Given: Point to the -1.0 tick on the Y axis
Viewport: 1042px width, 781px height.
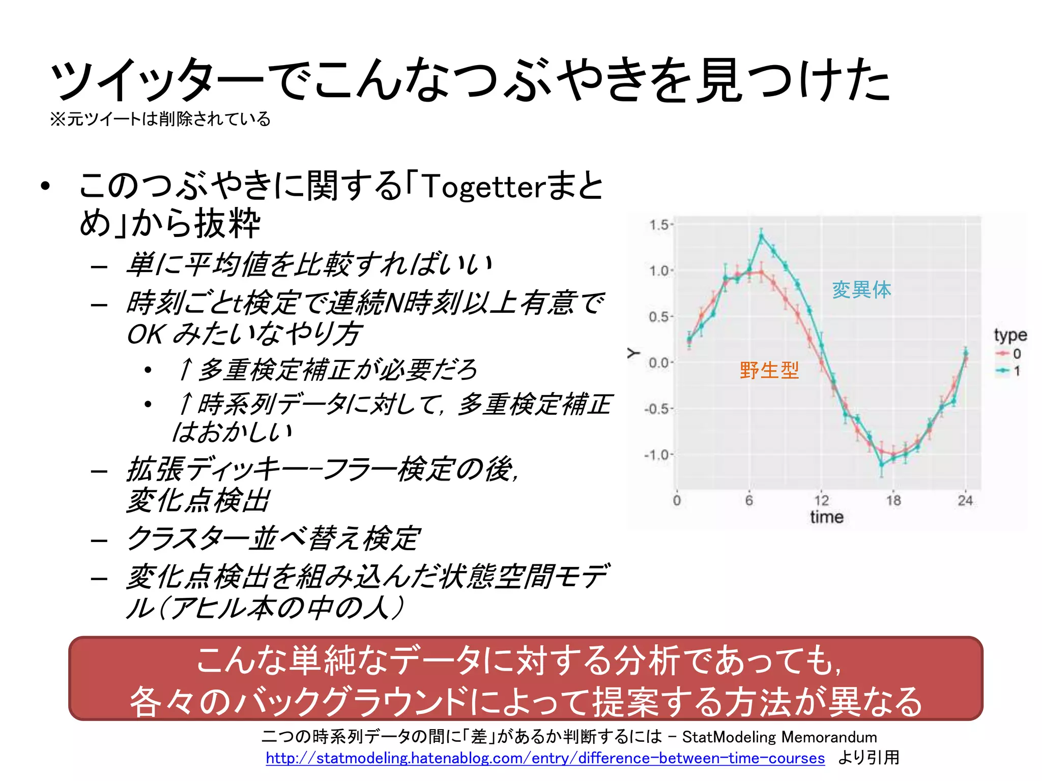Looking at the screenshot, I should (658, 455).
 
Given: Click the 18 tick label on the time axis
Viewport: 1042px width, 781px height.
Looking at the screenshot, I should (893, 501).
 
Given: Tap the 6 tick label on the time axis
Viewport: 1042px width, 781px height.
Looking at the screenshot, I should (749, 501).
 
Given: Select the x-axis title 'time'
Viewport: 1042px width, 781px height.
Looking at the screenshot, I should (827, 518).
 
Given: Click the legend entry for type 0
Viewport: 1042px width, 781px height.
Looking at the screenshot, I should (1009, 354).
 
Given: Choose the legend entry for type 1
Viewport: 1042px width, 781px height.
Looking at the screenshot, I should (1009, 371).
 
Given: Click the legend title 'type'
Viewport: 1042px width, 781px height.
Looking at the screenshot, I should (1010, 335).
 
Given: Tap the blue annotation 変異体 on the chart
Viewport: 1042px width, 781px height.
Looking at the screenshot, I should (861, 290).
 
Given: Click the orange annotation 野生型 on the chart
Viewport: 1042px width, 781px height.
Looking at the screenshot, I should (769, 370).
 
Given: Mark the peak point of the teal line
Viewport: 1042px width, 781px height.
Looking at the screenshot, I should (762, 235).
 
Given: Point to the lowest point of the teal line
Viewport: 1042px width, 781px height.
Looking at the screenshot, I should (882, 465).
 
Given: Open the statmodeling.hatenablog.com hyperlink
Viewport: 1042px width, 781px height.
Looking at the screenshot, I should (545, 758).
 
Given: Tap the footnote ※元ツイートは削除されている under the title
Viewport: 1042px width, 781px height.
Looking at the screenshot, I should (160, 119).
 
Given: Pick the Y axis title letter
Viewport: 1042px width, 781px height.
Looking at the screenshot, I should (633, 352).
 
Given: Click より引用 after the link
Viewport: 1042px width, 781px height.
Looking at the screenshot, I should (869, 758).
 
